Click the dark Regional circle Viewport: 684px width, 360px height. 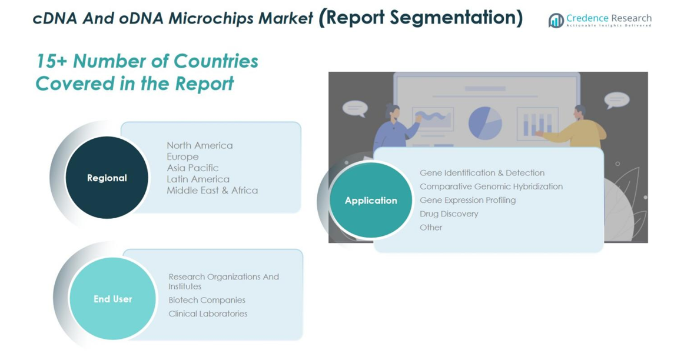tap(107, 178)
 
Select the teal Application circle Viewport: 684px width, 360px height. tap(371, 200)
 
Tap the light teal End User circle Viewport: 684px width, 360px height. tap(112, 299)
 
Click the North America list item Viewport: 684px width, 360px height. tap(200, 145)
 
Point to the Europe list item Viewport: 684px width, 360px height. tap(182, 156)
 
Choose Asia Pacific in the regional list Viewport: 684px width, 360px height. tap(192, 168)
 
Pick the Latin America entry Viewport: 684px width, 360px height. tap(198, 179)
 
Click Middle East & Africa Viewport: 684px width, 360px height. tap(212, 191)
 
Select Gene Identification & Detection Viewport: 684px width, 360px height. tap(482, 172)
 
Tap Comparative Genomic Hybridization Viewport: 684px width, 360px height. tap(491, 186)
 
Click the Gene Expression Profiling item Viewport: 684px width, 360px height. tap(467, 200)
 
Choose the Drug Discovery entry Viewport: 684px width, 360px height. tap(449, 214)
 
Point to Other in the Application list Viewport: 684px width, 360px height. tap(431, 227)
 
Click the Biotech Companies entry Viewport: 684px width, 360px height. tap(207, 300)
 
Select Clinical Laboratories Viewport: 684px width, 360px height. tap(208, 314)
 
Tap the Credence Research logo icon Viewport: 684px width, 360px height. tap(556, 20)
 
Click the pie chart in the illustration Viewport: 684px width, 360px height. tap(485, 124)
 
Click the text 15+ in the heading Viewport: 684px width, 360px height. tap(51, 61)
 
